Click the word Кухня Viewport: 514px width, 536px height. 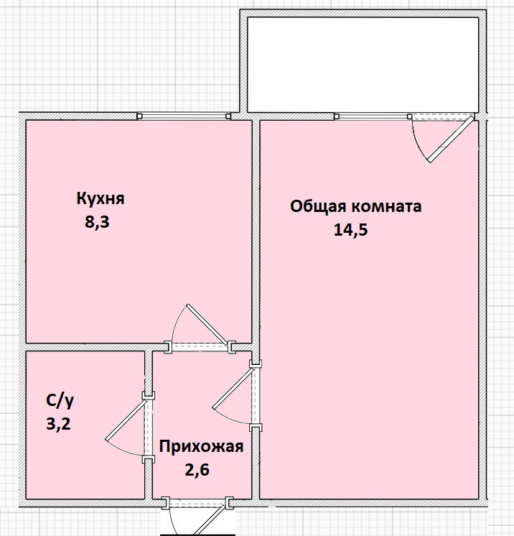pyautogui.click(x=101, y=198)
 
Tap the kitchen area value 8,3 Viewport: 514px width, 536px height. pyautogui.click(x=97, y=222)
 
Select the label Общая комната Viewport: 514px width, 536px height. pyautogui.click(x=356, y=207)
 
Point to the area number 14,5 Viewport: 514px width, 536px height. pyautogui.click(x=351, y=230)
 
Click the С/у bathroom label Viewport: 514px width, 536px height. pyautogui.click(x=60, y=402)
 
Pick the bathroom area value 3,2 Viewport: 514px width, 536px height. pyautogui.click(x=58, y=424)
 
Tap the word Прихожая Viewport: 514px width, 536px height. pyautogui.click(x=201, y=447)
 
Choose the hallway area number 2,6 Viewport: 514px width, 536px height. pyautogui.click(x=197, y=470)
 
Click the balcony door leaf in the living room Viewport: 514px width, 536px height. pyautogui.click(x=451, y=139)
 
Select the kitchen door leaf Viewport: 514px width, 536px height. pyautogui.click(x=206, y=325)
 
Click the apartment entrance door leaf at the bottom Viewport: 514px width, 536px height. pyautogui.click(x=212, y=518)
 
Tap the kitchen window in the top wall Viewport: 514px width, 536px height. pyautogui.click(x=184, y=116)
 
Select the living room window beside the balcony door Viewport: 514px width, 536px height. pyautogui.click(x=373, y=116)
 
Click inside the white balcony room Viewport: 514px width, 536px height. pyautogui.click(x=363, y=65)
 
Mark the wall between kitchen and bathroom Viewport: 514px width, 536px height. pyautogui.click(x=85, y=346)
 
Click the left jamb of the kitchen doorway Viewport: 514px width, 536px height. pyautogui.click(x=168, y=347)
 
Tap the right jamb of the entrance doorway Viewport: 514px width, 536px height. pyautogui.click(x=229, y=502)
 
